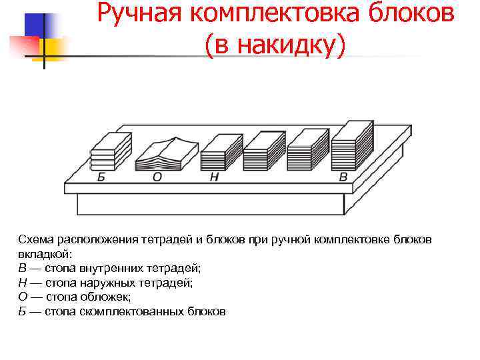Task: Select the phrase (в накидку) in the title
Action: (x=276, y=45)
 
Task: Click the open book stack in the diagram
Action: (x=167, y=155)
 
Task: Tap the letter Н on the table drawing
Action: (x=214, y=177)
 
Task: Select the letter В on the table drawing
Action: (x=343, y=177)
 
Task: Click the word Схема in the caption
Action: (x=39, y=239)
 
